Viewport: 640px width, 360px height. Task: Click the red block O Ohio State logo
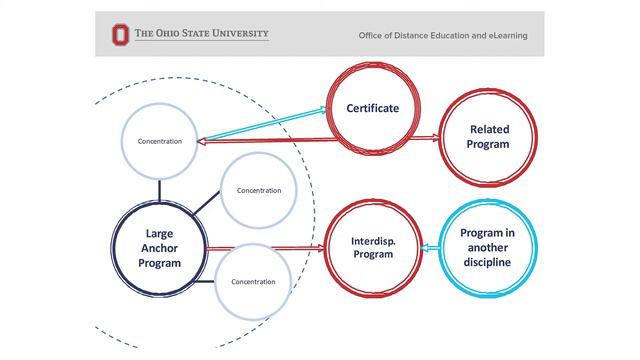click(x=120, y=34)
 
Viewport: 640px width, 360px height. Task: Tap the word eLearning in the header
click(x=506, y=36)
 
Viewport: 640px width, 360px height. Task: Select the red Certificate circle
click(x=372, y=108)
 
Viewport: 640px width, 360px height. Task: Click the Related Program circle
click(x=488, y=137)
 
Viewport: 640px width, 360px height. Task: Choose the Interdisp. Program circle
click(x=372, y=248)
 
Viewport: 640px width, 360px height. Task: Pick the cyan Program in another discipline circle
click(x=487, y=248)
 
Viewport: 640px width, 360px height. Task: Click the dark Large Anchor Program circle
click(x=159, y=249)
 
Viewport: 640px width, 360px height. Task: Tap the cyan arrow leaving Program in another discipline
click(x=431, y=248)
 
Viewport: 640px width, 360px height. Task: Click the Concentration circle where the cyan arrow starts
click(x=159, y=141)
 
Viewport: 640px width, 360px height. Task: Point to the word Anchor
click(x=159, y=249)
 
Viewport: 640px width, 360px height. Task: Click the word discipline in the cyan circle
click(x=487, y=263)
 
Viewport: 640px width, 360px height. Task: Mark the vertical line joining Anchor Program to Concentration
click(x=159, y=191)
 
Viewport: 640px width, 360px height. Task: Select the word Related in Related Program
click(x=488, y=129)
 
